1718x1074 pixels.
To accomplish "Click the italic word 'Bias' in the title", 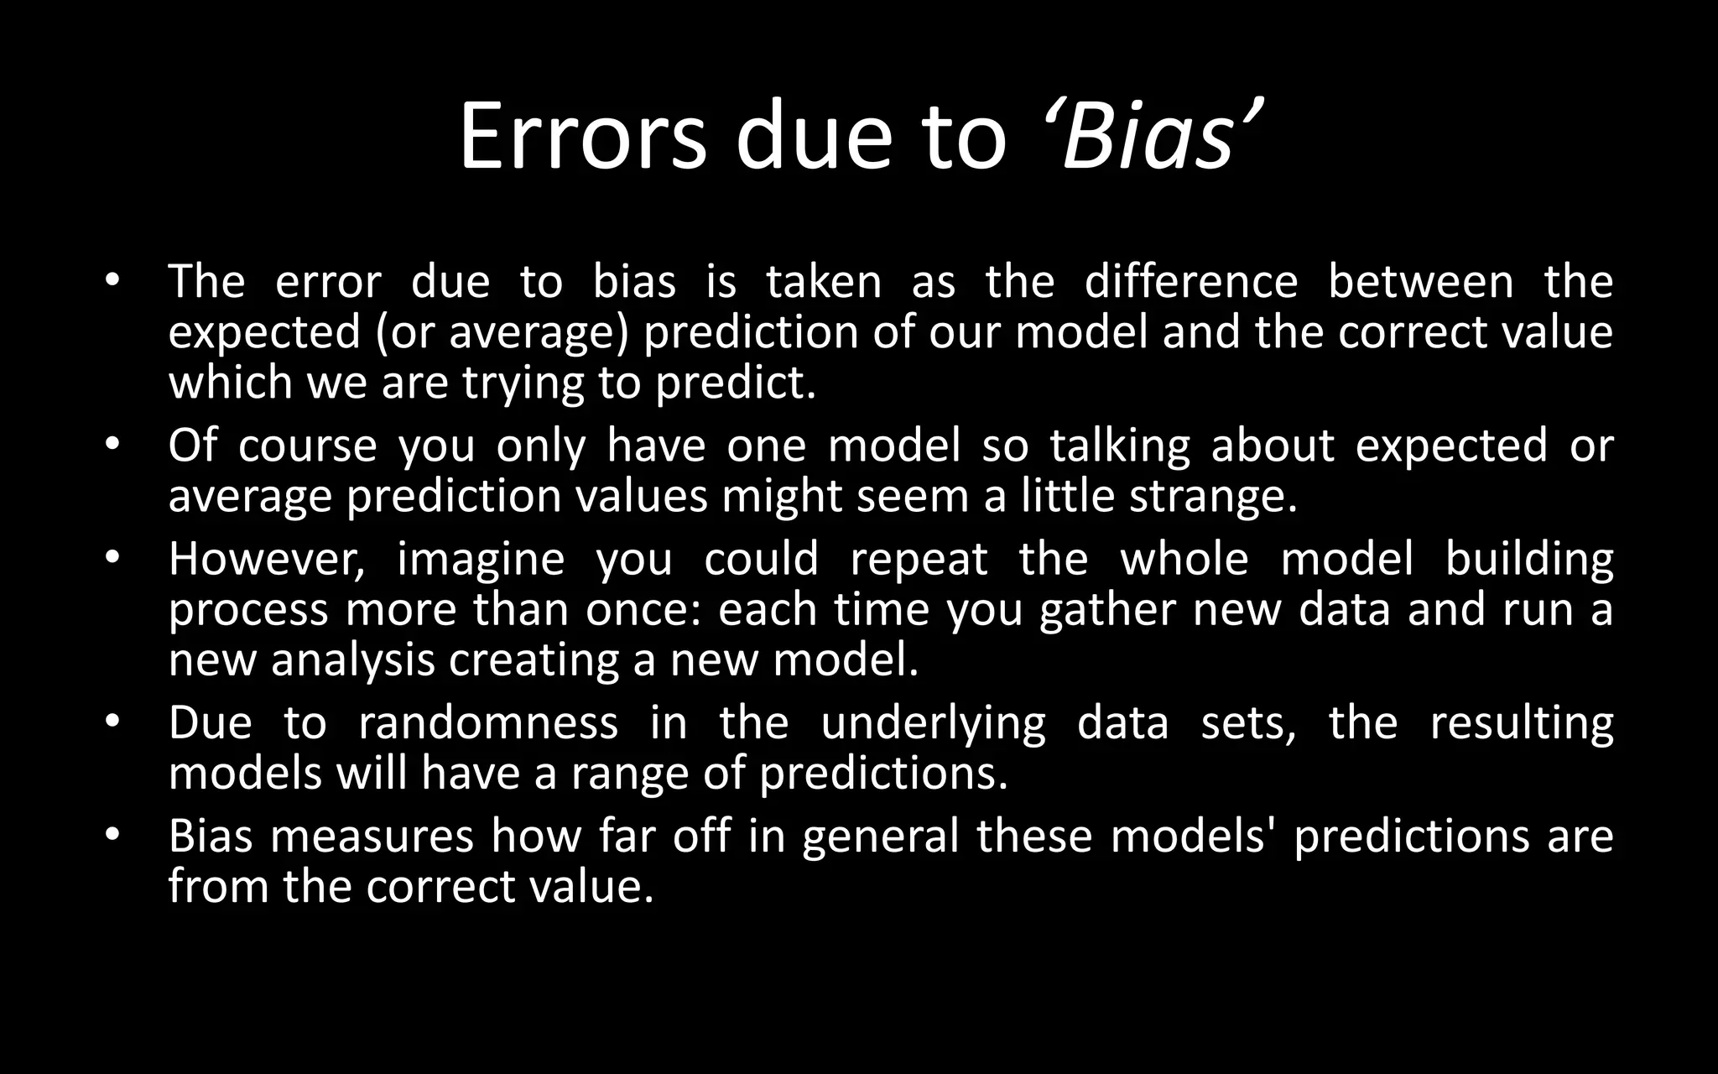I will pos(1149,136).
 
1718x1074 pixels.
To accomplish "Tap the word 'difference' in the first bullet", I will pos(1190,281).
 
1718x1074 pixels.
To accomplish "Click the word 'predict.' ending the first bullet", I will pos(735,383).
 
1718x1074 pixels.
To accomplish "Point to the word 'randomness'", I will pos(487,722).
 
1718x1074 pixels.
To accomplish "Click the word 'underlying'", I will pos(933,724).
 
